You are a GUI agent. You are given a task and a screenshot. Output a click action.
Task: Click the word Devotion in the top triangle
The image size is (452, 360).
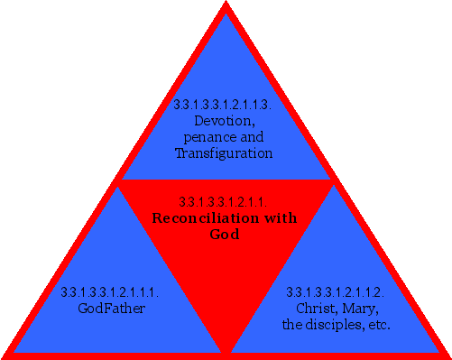223,121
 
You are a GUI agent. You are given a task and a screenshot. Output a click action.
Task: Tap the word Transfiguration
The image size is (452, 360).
223,153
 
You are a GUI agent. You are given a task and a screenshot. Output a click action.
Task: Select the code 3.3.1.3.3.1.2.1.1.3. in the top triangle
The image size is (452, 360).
223,105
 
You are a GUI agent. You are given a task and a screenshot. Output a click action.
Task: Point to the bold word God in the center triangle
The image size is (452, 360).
226,235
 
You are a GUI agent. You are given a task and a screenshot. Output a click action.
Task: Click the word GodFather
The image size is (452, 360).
112,309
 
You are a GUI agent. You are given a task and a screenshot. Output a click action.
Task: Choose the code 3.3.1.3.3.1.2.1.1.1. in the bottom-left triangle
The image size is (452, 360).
110,292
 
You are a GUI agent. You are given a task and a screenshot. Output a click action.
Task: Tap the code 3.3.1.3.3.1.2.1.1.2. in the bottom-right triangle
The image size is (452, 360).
336,292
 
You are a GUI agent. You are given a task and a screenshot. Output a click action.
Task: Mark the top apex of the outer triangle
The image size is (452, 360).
226,4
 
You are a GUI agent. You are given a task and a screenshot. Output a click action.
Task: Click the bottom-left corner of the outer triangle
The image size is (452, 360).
4,355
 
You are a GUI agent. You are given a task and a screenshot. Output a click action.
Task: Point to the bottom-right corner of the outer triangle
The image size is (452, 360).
447,355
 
